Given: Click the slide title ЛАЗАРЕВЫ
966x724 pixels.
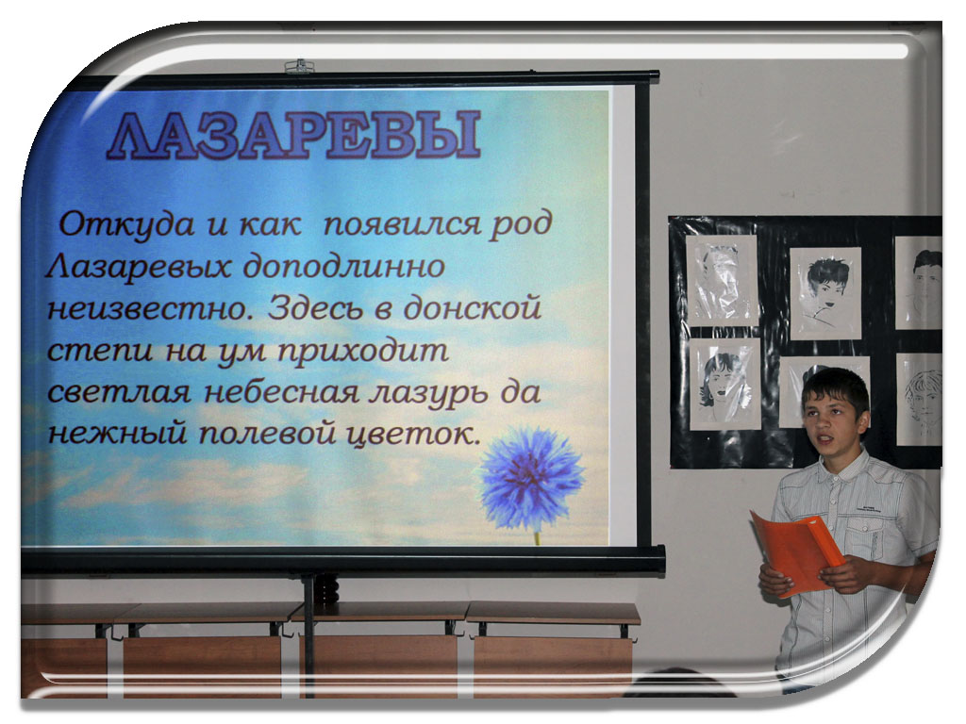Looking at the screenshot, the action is (294, 136).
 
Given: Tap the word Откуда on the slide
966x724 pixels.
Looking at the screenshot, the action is (126, 224).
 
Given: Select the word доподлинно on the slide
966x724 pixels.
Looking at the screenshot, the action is (343, 267).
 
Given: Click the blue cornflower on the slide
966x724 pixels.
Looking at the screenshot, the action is (532, 478).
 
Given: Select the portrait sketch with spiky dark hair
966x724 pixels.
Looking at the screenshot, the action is (824, 293).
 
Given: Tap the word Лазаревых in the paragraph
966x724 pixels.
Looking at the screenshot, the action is (139, 268).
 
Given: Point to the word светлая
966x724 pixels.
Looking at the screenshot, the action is (119, 393).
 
